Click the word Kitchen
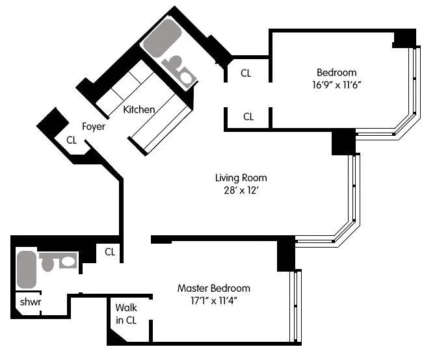[x=139, y=110]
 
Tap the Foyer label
[x=94, y=127]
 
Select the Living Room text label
[x=241, y=177]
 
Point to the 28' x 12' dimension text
[x=241, y=190]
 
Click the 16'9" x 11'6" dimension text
[x=336, y=84]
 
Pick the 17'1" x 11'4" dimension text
[x=213, y=301]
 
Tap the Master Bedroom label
[x=213, y=288]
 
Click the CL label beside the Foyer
[x=72, y=140]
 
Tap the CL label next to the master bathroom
[x=109, y=251]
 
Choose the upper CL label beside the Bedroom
[x=246, y=73]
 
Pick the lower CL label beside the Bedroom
[x=248, y=117]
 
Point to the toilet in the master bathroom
[x=48, y=263]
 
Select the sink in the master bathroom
[x=68, y=262]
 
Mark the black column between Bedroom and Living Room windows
[x=343, y=142]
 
